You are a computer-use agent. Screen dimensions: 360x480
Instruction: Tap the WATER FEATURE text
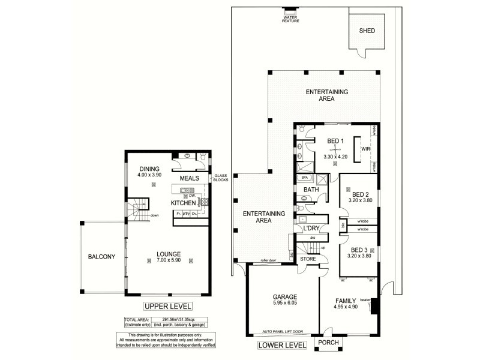click(290, 19)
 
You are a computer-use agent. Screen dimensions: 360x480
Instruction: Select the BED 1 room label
click(335, 141)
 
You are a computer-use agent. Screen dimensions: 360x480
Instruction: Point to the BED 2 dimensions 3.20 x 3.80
click(360, 202)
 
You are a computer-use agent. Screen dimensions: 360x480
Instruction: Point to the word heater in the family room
click(367, 301)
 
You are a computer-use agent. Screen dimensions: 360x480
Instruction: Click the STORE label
click(308, 259)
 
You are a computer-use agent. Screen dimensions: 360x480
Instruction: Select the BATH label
click(311, 190)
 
